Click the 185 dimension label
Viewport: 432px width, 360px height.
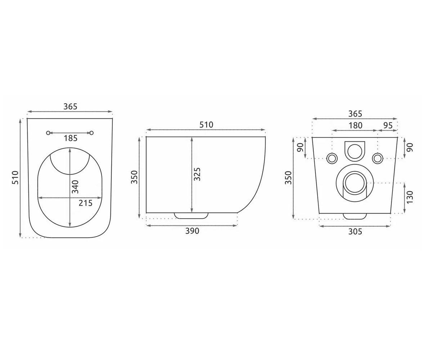71,138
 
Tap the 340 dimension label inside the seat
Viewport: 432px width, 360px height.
75,187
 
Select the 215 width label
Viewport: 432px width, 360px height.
85,203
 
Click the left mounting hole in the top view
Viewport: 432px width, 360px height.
48,133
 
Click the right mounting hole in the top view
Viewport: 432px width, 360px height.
92,133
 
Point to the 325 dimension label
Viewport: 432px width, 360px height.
197,174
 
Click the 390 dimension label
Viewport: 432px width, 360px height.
192,231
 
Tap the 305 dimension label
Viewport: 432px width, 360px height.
355,231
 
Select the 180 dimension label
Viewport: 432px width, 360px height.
355,126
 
